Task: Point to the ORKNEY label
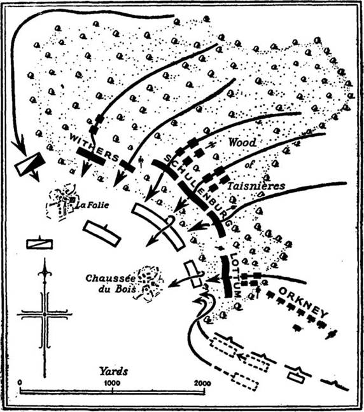[304, 302]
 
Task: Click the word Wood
[242, 142]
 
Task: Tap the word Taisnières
[256, 186]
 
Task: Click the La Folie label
[92, 205]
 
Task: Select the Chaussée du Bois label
[111, 284]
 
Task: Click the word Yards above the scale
[114, 372]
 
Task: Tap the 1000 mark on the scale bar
[112, 383]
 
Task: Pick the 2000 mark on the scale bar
[202, 383]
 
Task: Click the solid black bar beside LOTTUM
[227, 276]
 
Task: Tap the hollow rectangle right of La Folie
[102, 234]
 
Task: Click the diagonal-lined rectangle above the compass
[39, 244]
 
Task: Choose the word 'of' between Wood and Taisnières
[249, 165]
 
